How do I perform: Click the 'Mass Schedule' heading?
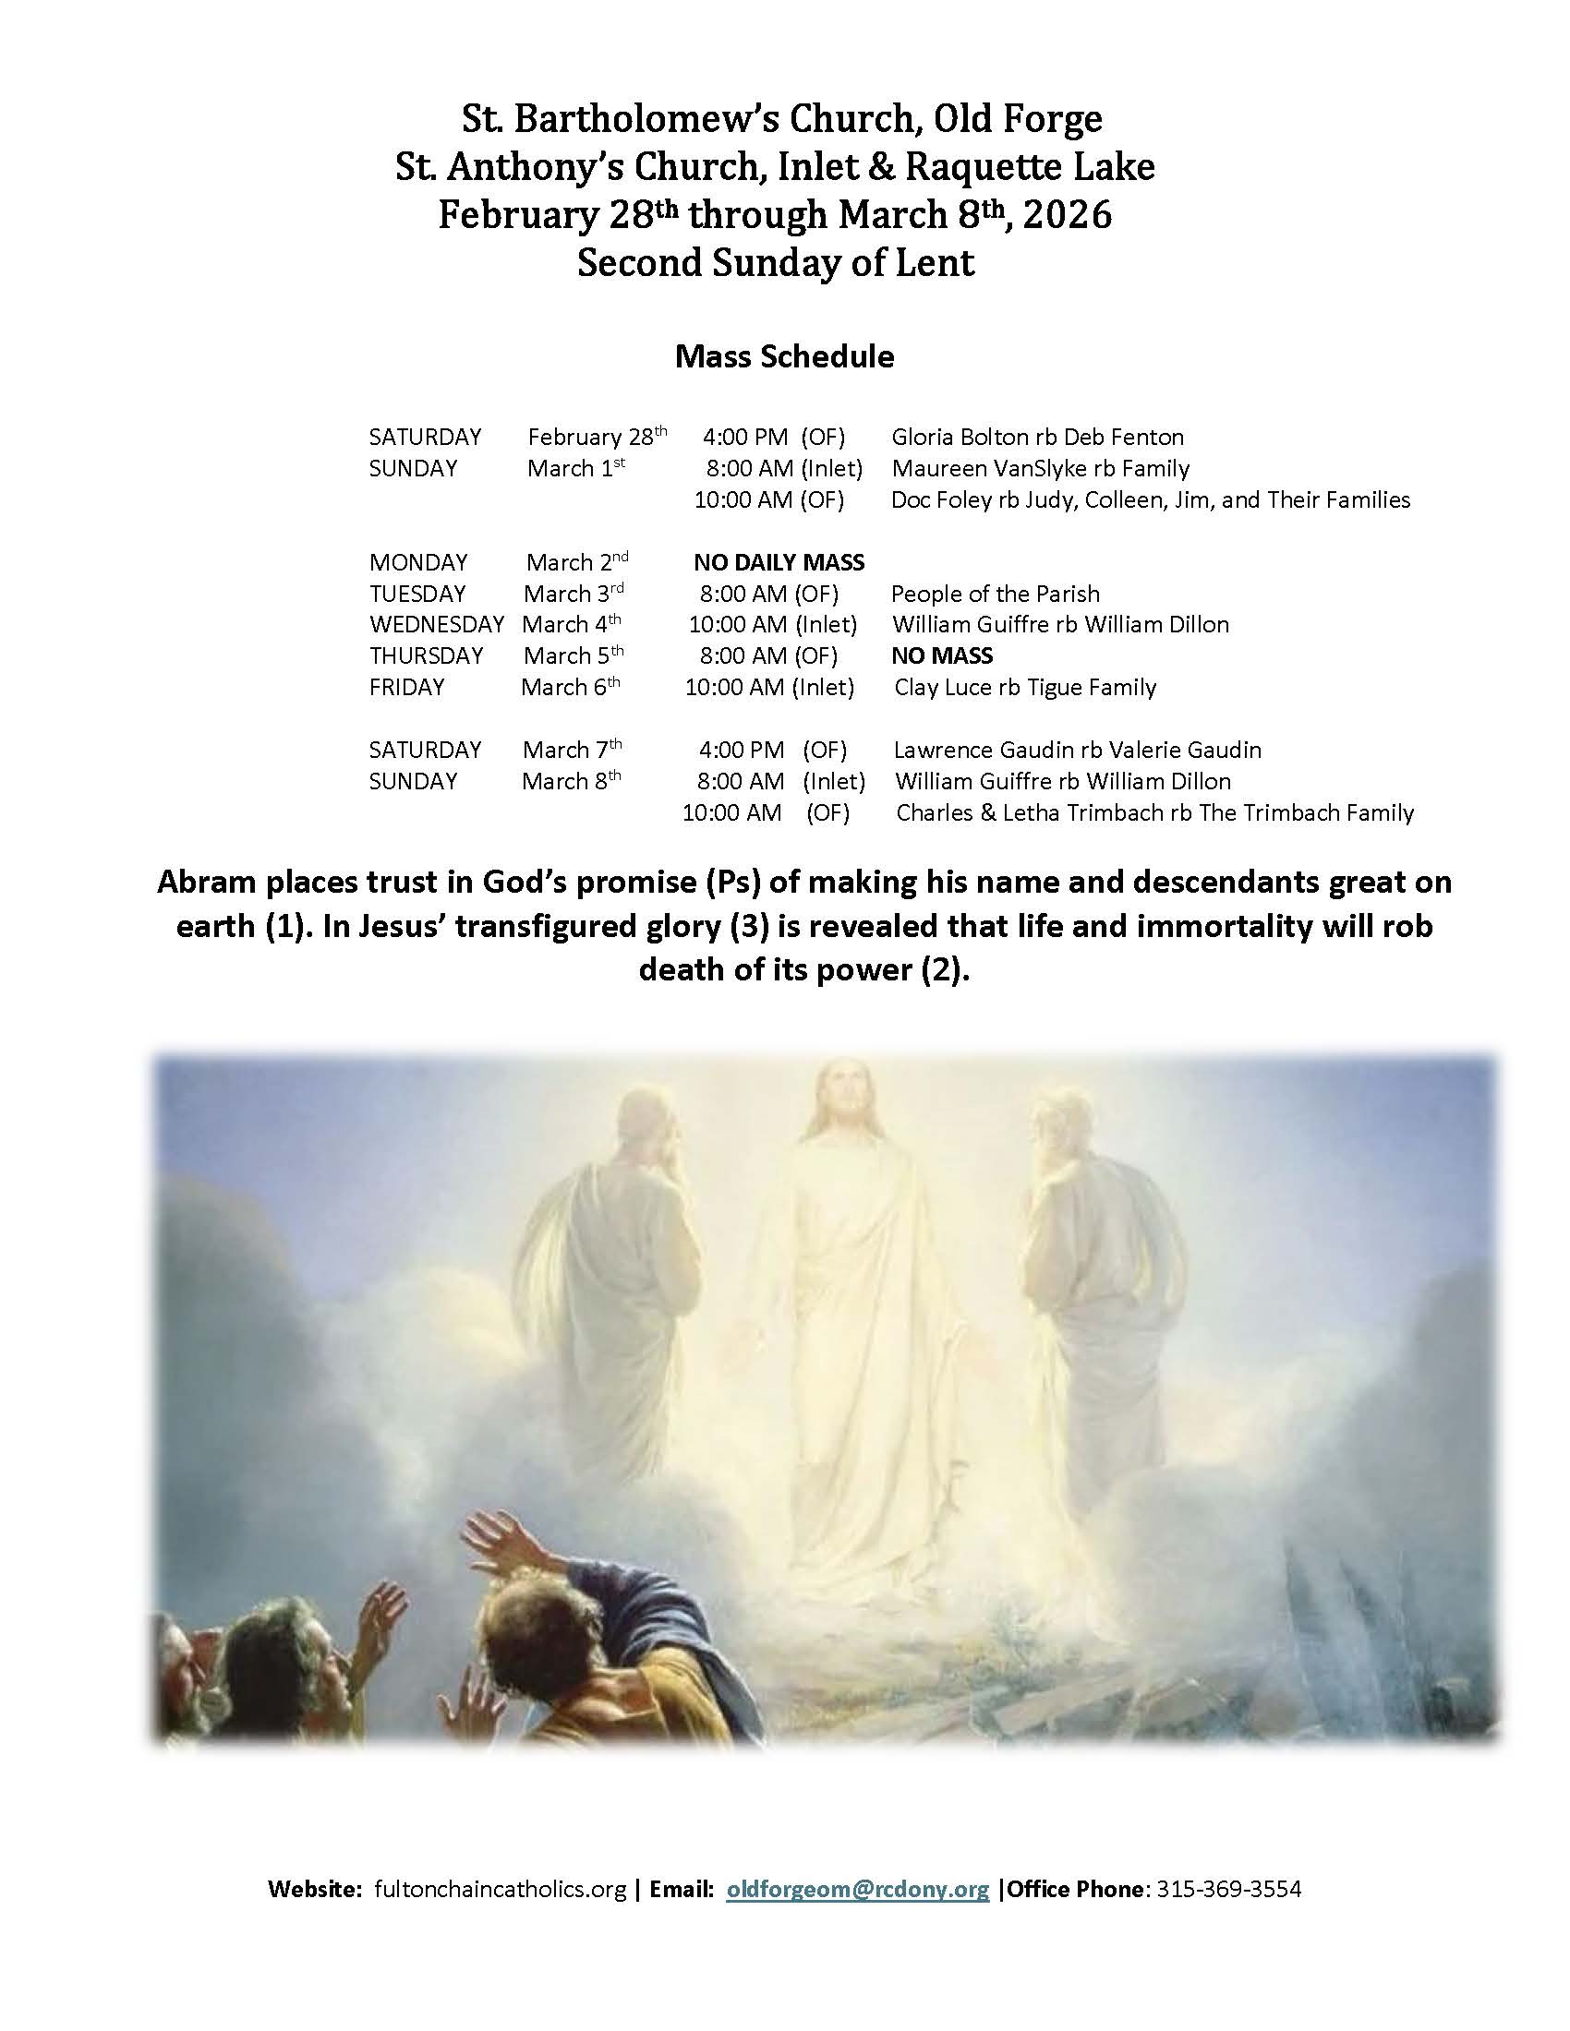click(x=784, y=357)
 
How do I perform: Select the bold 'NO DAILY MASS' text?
click(x=779, y=562)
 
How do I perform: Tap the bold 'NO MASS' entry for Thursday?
click(x=941, y=656)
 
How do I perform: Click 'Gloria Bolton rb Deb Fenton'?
click(x=1037, y=437)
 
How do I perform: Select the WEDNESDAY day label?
click(x=436, y=625)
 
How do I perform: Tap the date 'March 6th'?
click(x=569, y=687)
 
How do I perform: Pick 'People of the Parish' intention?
click(x=996, y=595)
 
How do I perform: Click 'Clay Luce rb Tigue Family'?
click(x=1025, y=688)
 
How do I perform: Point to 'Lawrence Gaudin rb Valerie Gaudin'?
click(x=1077, y=751)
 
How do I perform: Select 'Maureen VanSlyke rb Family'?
click(x=1040, y=469)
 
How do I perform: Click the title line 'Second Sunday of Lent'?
click(x=776, y=263)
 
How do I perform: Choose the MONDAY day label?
click(x=417, y=562)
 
